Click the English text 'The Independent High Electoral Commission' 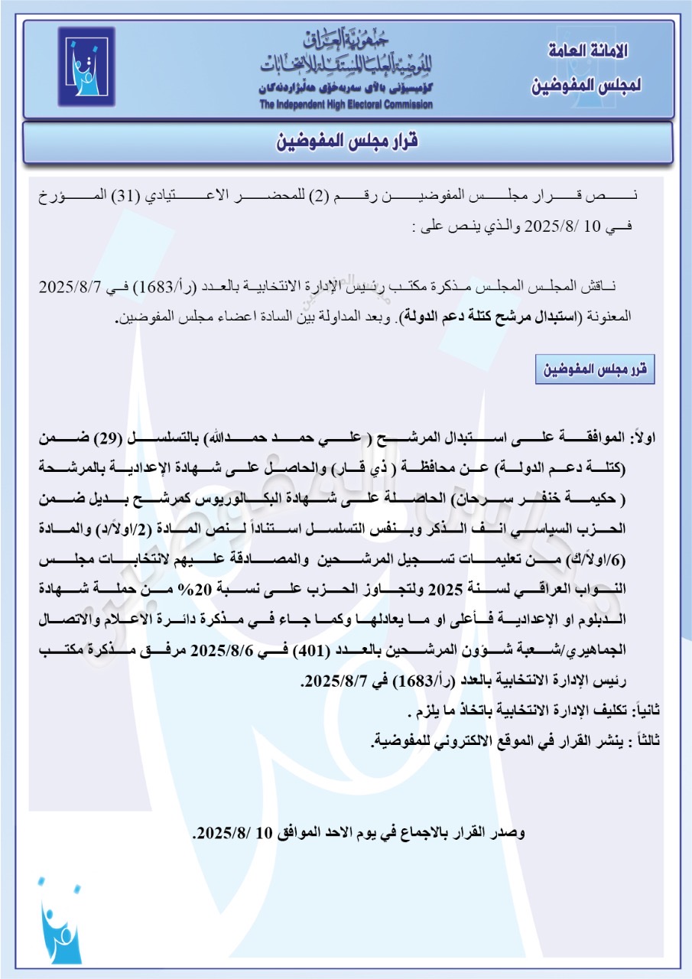[x=346, y=105]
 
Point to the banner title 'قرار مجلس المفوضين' [x=346, y=142]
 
